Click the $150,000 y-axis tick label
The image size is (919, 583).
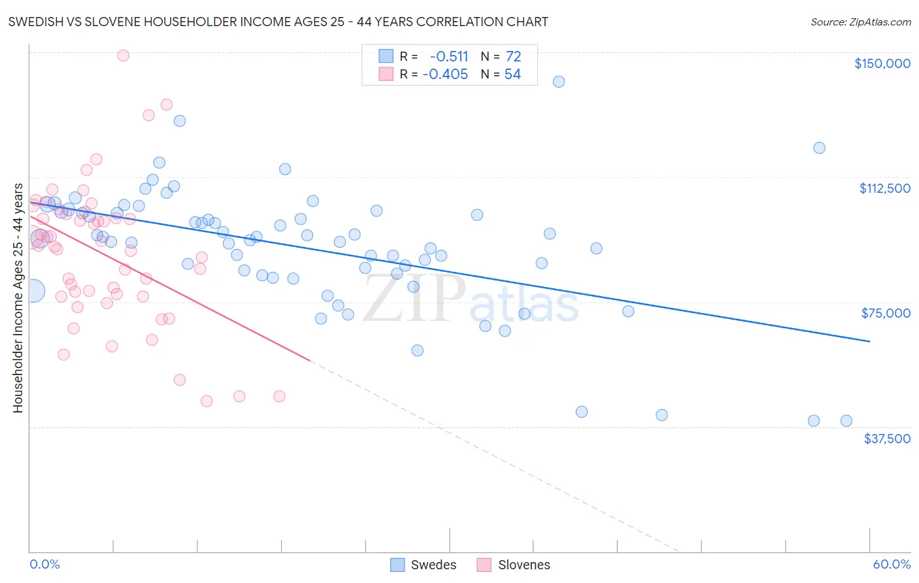pos(882,63)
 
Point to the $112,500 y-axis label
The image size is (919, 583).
pos(884,188)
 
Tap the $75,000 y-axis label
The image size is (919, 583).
pos(886,313)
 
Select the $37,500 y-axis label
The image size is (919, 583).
pos(886,439)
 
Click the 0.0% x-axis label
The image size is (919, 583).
pos(44,564)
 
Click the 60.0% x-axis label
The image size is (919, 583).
pos(891,564)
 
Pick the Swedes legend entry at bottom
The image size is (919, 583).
pos(424,565)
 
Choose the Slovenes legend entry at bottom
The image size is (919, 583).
pos(514,565)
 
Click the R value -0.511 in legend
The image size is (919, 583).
pos(449,57)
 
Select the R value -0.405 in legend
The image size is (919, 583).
pos(446,75)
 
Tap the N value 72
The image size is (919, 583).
pos(513,57)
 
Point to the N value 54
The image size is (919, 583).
pos(512,75)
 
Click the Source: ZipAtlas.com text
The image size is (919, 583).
pos(860,22)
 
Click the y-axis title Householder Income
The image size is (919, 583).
pos(18,298)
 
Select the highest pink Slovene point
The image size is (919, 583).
pos(123,56)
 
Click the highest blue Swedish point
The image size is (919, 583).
pos(558,82)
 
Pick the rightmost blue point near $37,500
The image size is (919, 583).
pos(846,421)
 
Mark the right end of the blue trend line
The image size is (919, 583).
pos(869,341)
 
